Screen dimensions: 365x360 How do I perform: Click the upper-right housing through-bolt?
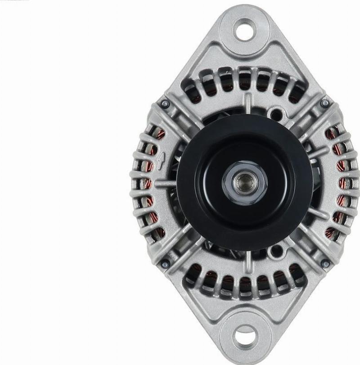click(324, 103)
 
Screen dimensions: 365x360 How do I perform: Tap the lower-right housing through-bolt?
click(324, 263)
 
